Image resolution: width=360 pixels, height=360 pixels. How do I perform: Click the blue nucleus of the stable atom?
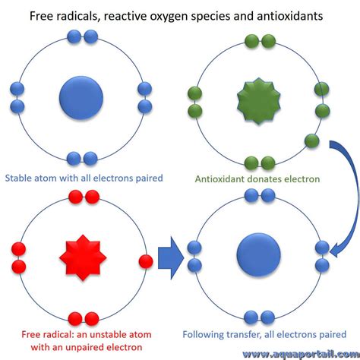pyautogui.click(x=81, y=97)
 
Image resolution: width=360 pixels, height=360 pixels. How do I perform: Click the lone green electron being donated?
pyautogui.click(x=312, y=141)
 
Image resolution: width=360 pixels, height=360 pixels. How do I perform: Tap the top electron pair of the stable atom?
pyautogui.click(x=83, y=36)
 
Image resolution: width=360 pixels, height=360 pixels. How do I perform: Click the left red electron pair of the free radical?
pyautogui.click(x=19, y=257)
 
